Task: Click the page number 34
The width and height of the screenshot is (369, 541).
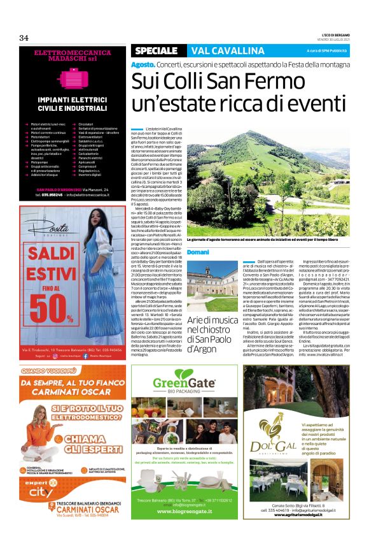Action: pos(24,38)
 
